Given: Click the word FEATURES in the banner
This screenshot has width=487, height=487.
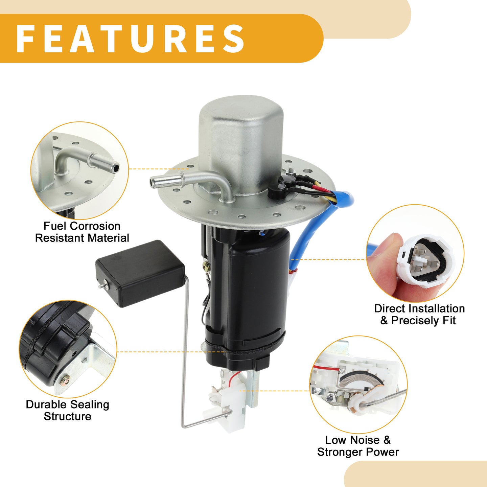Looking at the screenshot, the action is (x=130, y=39).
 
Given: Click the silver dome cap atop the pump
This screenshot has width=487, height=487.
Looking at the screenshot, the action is (x=241, y=144).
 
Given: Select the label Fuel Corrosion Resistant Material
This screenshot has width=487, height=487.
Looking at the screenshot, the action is (x=82, y=232).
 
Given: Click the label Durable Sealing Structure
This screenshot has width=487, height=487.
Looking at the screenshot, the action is (x=68, y=410).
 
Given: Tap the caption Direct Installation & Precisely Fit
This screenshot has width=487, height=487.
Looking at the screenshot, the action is (x=419, y=315).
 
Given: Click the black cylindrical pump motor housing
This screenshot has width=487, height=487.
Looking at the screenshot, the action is (x=249, y=298).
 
